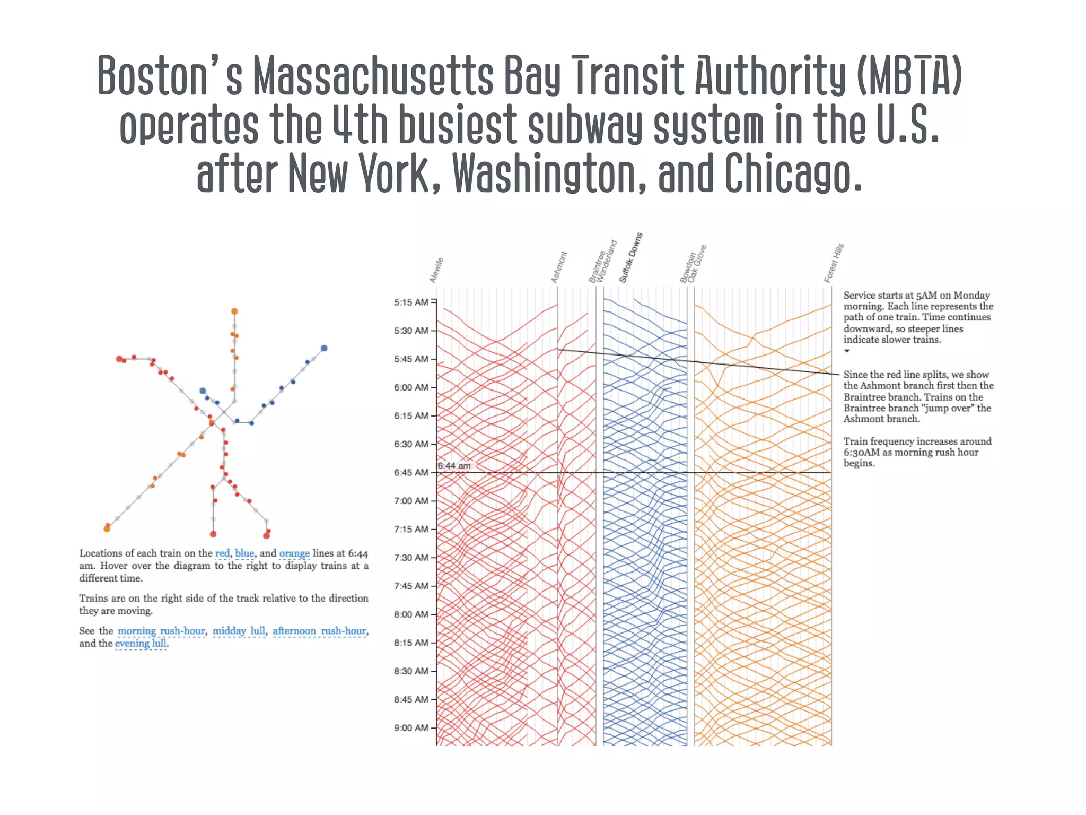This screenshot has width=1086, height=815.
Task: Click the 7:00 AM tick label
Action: point(411,501)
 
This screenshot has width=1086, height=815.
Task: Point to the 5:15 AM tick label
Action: point(411,302)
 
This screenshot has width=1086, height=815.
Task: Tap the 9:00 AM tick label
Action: point(411,728)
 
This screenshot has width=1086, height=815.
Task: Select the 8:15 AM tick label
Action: point(411,643)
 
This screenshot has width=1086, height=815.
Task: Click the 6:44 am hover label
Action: point(454,466)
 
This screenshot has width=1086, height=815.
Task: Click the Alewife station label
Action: point(436,270)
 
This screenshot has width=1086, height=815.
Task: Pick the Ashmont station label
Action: point(559,267)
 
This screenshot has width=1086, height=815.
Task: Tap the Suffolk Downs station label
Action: point(631,257)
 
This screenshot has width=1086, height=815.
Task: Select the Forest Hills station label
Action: point(834,263)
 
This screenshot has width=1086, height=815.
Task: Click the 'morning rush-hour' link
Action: point(161,631)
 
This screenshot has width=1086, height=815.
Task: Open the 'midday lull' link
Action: point(239,631)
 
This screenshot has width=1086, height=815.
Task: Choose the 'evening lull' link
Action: point(141,644)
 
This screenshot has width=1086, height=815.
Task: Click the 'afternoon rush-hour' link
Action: point(320,631)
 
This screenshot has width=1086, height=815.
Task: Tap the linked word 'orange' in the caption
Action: point(294,553)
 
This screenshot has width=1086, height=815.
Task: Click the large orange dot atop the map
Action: point(234,311)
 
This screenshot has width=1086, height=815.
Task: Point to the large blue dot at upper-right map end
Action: point(324,348)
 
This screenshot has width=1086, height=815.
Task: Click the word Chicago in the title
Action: point(793,174)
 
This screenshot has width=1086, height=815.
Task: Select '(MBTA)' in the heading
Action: point(909,75)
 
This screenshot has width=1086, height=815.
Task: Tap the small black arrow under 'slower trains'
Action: point(847,351)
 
